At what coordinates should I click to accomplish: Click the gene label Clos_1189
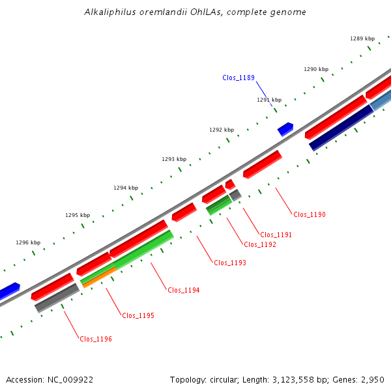[x=239, y=78]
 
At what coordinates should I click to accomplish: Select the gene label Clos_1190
[x=309, y=214]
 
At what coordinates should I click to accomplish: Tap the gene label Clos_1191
[x=276, y=235]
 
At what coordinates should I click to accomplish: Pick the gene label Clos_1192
[x=259, y=245]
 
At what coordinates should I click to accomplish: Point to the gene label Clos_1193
[x=230, y=263]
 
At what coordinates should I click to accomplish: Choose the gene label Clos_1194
[x=184, y=291]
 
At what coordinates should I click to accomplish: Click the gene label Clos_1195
[x=138, y=315]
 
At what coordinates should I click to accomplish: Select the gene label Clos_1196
[x=96, y=339]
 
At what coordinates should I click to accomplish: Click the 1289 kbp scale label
[x=362, y=39]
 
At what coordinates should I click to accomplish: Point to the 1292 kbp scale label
[x=222, y=130]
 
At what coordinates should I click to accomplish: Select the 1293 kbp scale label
[x=174, y=159]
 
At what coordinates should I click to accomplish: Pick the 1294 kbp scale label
[x=126, y=188]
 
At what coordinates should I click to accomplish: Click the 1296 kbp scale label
[x=28, y=242]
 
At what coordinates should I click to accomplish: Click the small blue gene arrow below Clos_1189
[x=285, y=129]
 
